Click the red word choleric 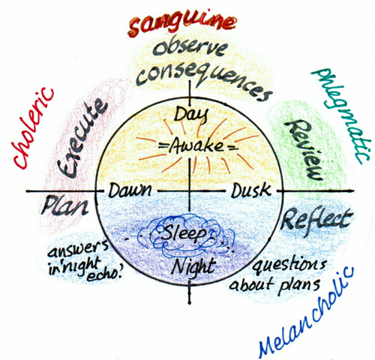tap(33, 128)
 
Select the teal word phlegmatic tap(340, 115)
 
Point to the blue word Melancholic tap(306, 312)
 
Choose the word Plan tap(65, 205)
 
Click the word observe tap(190, 48)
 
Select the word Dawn tap(130, 190)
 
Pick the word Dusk tap(251, 190)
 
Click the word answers tap(78, 249)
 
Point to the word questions tap(289, 265)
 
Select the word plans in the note tap(299, 285)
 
